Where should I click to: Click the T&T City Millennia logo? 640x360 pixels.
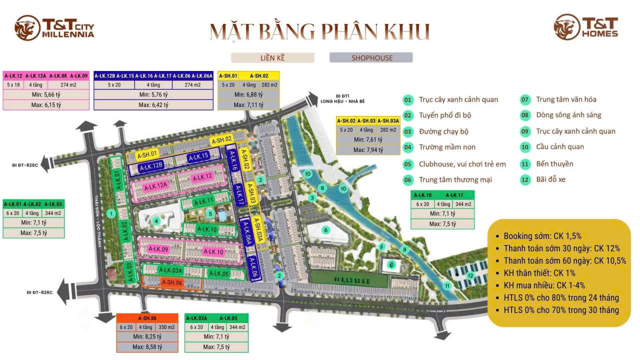click(x=54, y=28)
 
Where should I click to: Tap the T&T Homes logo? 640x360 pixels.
click(x=586, y=27)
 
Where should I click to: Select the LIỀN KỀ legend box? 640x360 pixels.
click(x=272, y=57)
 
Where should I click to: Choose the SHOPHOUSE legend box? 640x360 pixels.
click(x=371, y=57)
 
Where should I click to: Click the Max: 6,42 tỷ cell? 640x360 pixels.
click(x=153, y=104)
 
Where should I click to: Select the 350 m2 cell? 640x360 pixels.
click(x=167, y=327)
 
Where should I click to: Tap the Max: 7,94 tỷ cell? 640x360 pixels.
click(x=368, y=149)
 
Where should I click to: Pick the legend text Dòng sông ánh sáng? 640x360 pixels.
click(x=568, y=115)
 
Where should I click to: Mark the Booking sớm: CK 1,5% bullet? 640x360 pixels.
click(x=542, y=236)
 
